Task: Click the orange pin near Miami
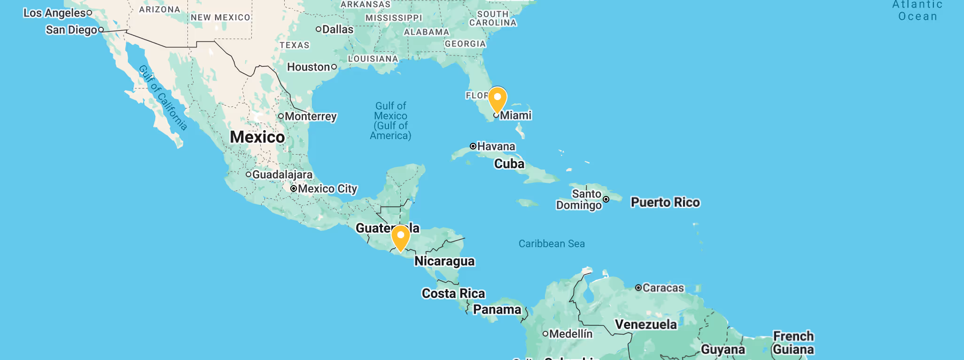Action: [497, 98]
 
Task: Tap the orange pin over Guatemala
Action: [401, 237]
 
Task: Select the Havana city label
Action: [496, 147]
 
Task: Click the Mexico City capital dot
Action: [294, 188]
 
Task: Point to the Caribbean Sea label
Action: [552, 243]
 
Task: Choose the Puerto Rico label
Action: [665, 202]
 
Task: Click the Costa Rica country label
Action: [453, 293]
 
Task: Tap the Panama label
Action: [497, 309]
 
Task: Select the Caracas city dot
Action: [638, 288]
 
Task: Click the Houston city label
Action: [309, 67]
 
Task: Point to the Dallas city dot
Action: [319, 29]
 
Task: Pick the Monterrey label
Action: [311, 116]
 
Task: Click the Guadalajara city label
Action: [282, 174]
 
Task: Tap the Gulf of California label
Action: [163, 98]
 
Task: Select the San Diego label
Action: [71, 30]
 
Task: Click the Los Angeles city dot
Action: [89, 13]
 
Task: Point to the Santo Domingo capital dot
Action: [606, 199]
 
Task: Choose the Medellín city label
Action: [571, 334]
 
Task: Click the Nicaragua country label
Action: [444, 261]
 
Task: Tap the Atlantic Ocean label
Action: [917, 10]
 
